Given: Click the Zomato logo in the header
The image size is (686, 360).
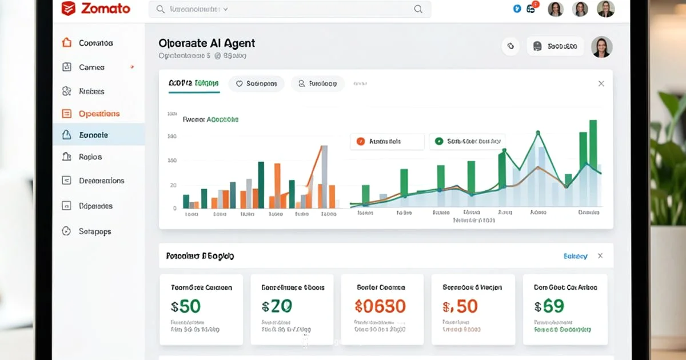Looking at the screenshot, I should click(x=96, y=9).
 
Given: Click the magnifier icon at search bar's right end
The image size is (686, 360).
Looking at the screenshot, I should click(x=418, y=9).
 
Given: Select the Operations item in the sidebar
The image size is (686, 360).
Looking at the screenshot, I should click(x=99, y=114).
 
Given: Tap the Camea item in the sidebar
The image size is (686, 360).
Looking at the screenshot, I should click(x=91, y=67).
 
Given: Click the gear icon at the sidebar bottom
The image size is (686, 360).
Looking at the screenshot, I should click(x=67, y=231).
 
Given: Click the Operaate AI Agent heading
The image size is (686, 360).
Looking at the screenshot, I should click(x=206, y=43).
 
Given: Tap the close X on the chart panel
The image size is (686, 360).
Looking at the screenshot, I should click(x=601, y=84).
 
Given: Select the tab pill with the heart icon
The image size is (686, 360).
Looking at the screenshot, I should click(x=256, y=83).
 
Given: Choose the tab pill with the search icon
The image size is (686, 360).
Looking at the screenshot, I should click(x=317, y=83).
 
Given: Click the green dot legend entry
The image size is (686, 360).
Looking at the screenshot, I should click(x=466, y=141).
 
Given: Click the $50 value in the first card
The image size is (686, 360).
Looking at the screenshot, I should click(x=186, y=306).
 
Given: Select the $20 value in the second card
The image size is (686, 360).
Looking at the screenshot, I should click(x=277, y=306).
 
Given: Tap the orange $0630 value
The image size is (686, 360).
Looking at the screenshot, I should click(x=380, y=306).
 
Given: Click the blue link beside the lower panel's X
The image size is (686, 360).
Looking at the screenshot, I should click(x=575, y=256).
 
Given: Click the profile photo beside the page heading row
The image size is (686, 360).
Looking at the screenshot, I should click(x=601, y=47).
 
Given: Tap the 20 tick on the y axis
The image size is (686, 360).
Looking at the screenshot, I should click(x=173, y=186).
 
